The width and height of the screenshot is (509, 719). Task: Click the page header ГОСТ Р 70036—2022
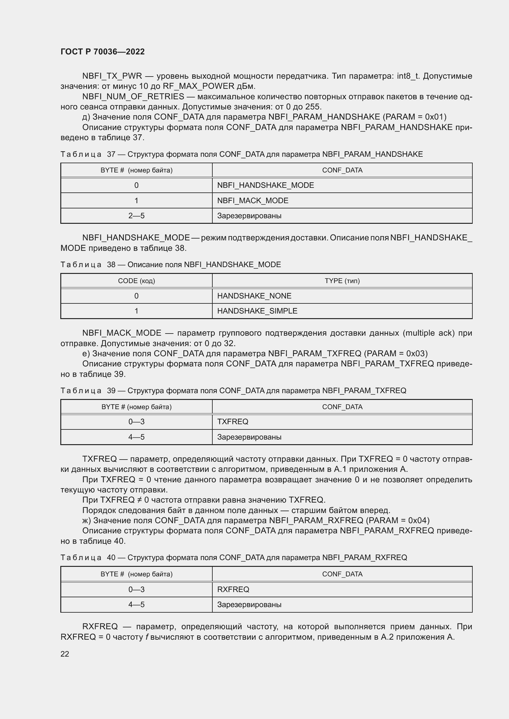tap(102, 52)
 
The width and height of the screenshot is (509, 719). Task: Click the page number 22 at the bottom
tap(65, 654)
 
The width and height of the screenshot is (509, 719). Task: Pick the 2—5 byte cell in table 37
tap(136, 216)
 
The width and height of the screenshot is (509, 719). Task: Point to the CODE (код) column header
tap(136, 281)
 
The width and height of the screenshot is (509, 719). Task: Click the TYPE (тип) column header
tap(342, 281)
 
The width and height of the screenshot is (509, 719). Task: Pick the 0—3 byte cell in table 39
tap(136, 422)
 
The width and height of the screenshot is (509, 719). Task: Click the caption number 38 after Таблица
tap(111, 265)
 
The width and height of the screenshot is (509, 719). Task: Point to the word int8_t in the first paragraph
tap(408, 76)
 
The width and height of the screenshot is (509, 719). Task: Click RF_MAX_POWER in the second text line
tap(198, 86)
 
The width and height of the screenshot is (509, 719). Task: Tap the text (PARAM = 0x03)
tap(395, 354)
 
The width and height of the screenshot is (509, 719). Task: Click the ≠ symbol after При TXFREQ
tap(139, 500)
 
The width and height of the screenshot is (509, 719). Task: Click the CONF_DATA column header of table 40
tap(342, 574)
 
